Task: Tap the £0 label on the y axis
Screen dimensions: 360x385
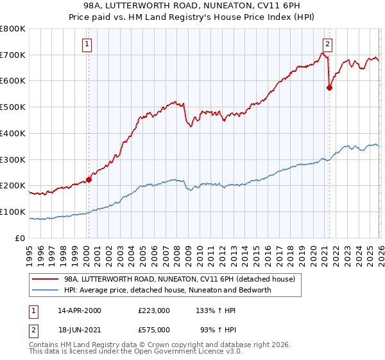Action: (21, 238)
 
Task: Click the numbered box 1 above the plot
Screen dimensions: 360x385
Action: (87, 44)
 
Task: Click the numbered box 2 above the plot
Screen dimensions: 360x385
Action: (327, 44)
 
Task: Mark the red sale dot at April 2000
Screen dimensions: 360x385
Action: (89, 180)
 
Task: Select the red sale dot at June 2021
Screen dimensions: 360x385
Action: (329, 88)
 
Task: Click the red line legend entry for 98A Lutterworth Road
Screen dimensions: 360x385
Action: (179, 279)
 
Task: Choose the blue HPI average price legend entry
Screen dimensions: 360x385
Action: (167, 290)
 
